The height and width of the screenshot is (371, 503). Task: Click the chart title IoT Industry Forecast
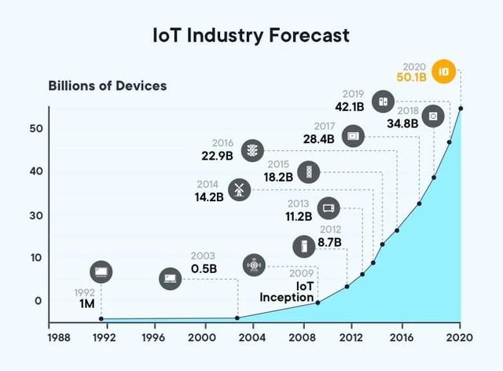click(251, 35)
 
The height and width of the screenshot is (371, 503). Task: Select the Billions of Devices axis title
click(108, 85)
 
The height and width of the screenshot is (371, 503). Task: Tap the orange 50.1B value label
click(412, 78)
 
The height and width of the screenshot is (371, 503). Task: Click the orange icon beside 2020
click(444, 71)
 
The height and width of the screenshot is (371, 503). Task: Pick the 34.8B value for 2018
click(403, 123)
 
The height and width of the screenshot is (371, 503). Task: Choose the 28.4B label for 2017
click(318, 138)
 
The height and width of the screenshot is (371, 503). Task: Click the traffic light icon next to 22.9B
click(252, 149)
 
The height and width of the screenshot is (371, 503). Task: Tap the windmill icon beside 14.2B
click(240, 188)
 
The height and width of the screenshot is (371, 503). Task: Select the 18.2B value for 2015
click(278, 177)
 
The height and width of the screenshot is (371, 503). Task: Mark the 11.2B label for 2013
click(299, 216)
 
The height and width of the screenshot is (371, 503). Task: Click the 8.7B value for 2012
click(329, 242)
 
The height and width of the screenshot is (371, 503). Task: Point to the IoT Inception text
click(287, 292)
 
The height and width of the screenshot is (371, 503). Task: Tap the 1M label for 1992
click(87, 304)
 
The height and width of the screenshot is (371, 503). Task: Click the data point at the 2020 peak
click(460, 108)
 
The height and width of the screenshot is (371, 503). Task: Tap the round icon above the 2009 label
click(254, 265)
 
